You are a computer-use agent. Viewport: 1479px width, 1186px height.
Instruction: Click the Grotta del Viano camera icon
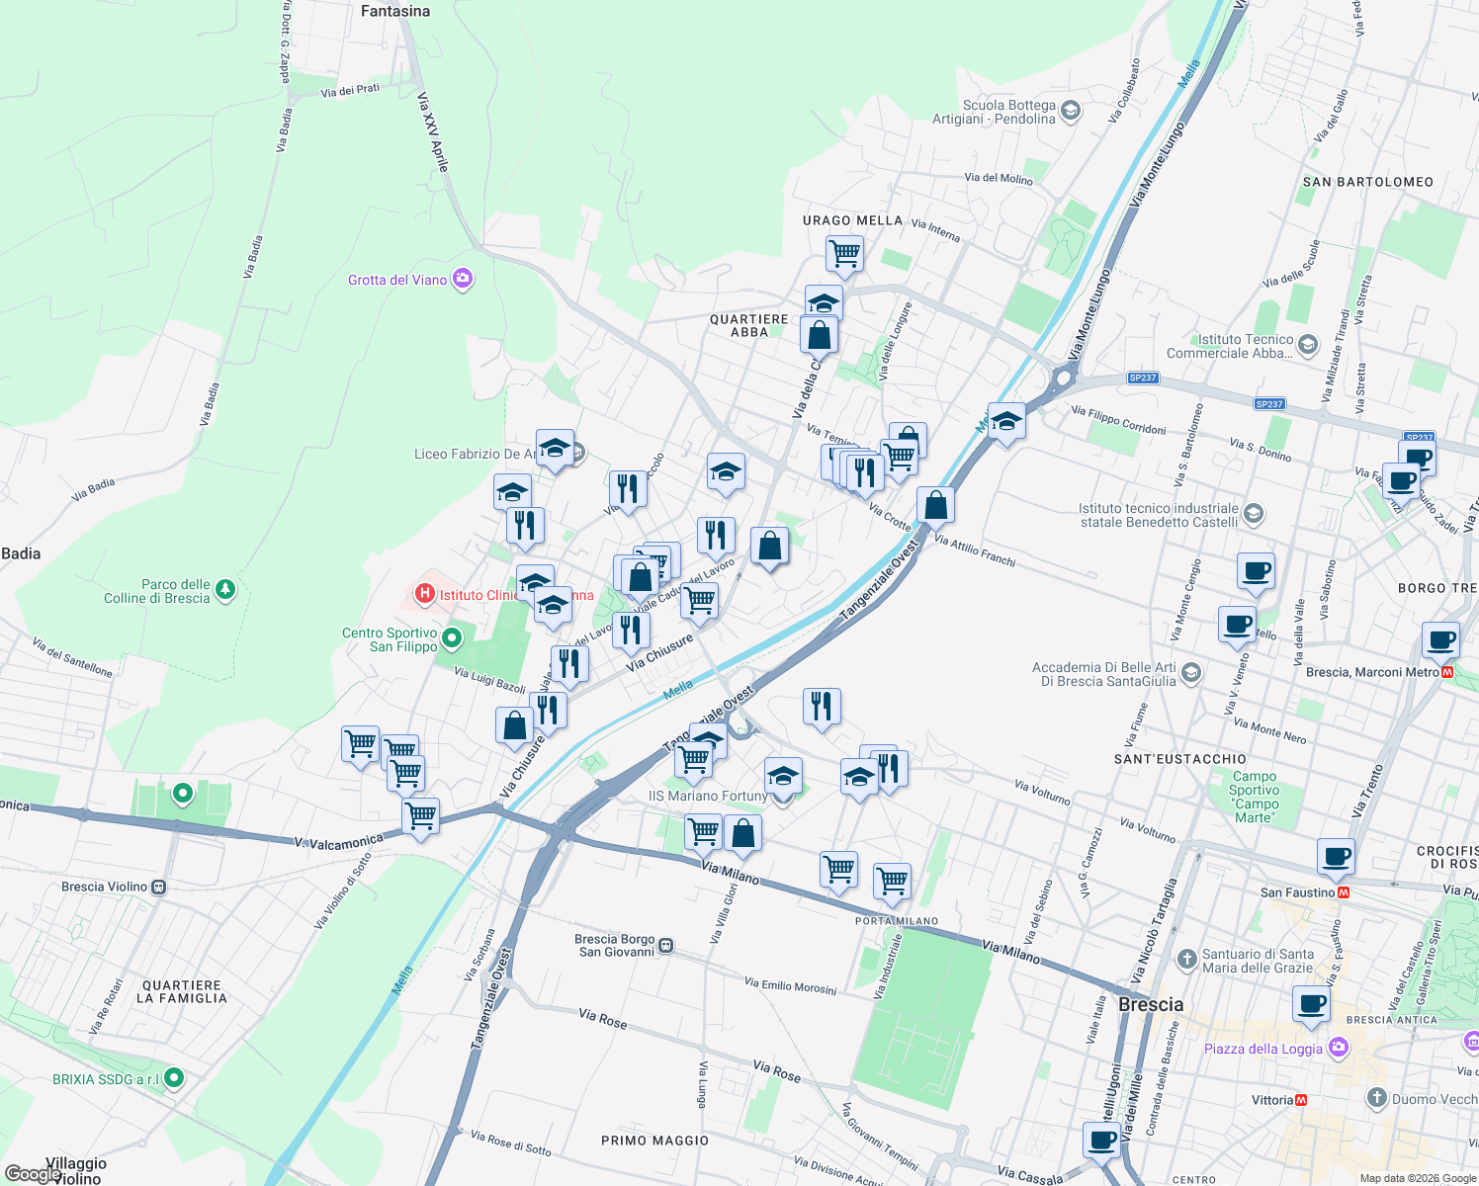tap(463, 279)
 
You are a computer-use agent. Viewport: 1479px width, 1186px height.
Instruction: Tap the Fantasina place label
tap(395, 12)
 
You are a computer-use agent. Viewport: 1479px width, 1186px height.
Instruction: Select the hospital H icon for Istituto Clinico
tap(425, 594)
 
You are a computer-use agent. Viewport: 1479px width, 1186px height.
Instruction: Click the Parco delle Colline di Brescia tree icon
tap(226, 590)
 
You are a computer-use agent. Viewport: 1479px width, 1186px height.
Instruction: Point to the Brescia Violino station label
tap(104, 887)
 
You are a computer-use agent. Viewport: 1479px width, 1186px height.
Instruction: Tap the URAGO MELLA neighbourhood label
tap(852, 220)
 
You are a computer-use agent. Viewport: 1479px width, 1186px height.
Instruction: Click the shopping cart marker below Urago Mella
tap(844, 253)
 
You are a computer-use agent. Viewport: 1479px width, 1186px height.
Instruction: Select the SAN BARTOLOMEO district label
tap(1367, 182)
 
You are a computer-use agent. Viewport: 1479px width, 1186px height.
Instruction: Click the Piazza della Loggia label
tap(1262, 1049)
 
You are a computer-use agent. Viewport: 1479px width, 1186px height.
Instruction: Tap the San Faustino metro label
tap(1297, 892)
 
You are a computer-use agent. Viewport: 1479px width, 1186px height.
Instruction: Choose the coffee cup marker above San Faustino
tap(1336, 856)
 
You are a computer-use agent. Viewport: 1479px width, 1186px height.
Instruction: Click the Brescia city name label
tap(1151, 1004)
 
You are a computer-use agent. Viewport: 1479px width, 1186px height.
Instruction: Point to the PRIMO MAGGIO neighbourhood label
tap(654, 1141)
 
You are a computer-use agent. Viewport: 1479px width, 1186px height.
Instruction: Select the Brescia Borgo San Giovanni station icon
tap(666, 946)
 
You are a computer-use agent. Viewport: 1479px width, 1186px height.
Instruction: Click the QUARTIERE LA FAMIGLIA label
tap(182, 991)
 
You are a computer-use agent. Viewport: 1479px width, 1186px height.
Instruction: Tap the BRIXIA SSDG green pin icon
tap(174, 1077)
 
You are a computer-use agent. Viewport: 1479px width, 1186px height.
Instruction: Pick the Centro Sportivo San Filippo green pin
tap(452, 638)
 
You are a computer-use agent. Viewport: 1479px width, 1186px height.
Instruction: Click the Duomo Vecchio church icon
tap(1376, 1098)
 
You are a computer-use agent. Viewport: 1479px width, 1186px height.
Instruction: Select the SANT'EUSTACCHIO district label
tap(1179, 759)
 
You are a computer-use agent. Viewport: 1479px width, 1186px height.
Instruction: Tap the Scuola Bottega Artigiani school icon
tap(1070, 112)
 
